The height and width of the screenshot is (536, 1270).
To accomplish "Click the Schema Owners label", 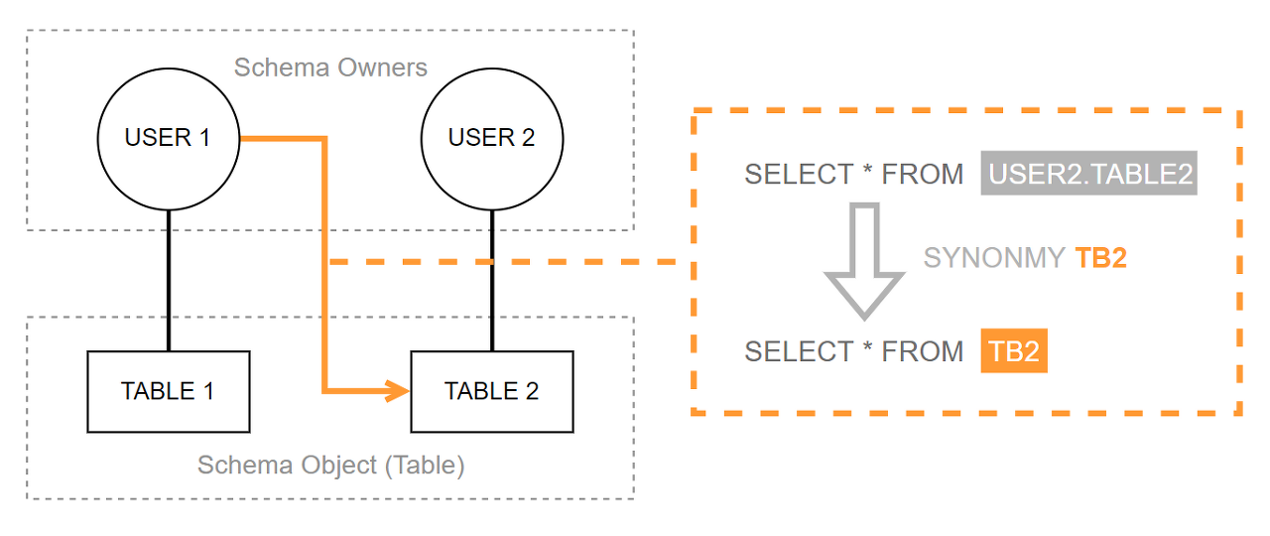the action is coord(330,67).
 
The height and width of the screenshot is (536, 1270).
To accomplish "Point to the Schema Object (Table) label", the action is coord(331,466).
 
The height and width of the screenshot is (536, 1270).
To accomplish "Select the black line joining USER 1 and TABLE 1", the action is coord(169,280).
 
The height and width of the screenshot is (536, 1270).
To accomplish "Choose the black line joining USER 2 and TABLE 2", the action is coord(492,280).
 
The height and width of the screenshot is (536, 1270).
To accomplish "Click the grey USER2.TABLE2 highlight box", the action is coord(1089,173).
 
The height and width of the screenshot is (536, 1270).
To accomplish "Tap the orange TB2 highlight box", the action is coord(1014,350).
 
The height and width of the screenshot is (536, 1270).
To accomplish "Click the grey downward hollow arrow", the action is coord(864,261).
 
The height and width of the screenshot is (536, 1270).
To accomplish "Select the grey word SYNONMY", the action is coord(994,258).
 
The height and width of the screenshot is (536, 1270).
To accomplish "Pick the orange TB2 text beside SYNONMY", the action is coord(1100,258).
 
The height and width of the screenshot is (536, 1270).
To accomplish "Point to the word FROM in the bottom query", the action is coord(923,351).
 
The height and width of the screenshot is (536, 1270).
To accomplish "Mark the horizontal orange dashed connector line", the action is coord(502,261).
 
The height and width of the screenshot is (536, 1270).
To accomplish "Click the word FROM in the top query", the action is coord(923,174).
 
